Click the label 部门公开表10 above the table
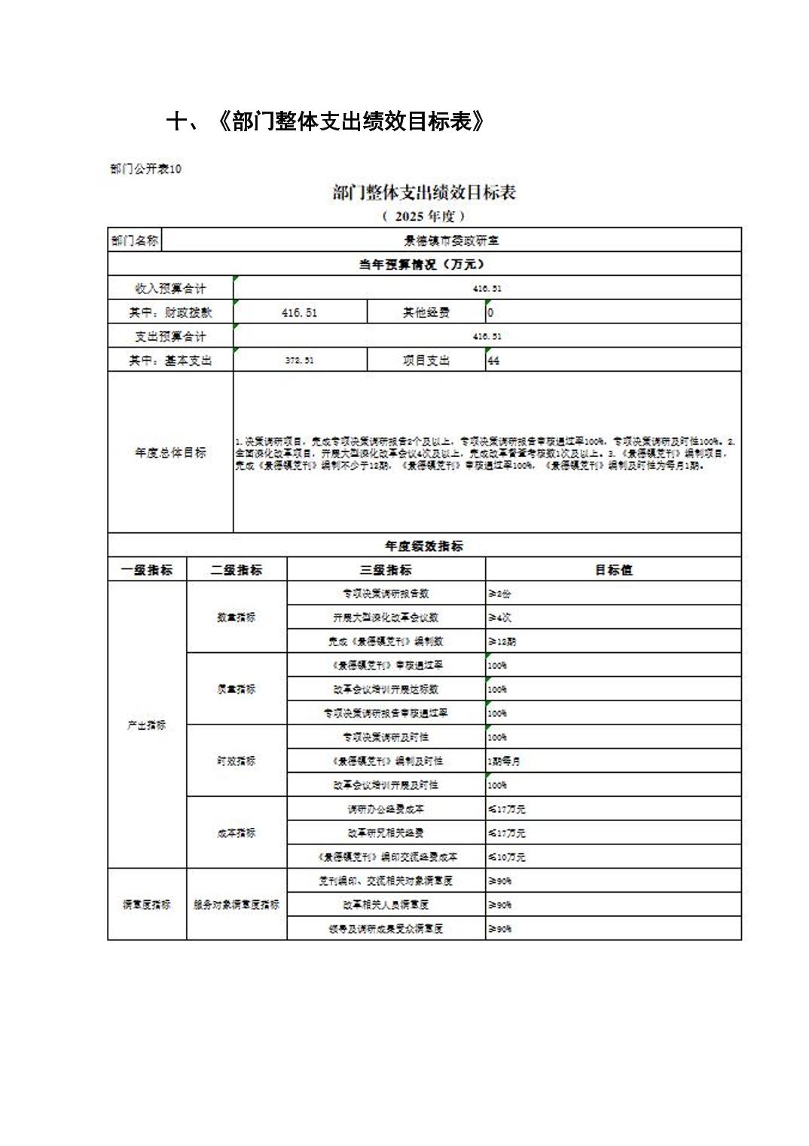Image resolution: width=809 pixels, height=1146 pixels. [145, 169]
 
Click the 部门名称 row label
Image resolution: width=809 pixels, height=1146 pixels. [135, 241]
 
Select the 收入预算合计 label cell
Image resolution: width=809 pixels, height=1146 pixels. [170, 288]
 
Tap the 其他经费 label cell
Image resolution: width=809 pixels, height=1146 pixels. [426, 312]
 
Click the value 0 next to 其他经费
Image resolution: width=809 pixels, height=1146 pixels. [490, 312]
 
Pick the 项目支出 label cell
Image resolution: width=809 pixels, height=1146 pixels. [426, 360]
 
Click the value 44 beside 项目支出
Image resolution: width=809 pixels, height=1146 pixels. [493, 360]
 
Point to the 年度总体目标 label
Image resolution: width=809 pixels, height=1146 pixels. [170, 452]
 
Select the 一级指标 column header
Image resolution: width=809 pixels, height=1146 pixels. [147, 570]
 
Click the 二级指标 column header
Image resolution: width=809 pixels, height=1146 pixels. [237, 570]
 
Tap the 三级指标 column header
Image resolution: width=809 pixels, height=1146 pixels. [386, 570]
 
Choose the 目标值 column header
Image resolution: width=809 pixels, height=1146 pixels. [613, 570]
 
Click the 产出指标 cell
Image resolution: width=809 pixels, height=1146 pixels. [147, 725]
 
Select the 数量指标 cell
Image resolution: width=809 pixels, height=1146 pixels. [237, 617]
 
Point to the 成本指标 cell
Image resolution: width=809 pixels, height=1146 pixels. [237, 832]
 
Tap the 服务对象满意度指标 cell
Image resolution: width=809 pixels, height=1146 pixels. [237, 904]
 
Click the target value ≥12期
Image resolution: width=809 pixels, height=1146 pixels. [502, 642]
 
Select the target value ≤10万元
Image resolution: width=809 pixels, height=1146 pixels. [506, 856]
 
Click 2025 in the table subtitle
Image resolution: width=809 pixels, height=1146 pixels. [409, 216]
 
